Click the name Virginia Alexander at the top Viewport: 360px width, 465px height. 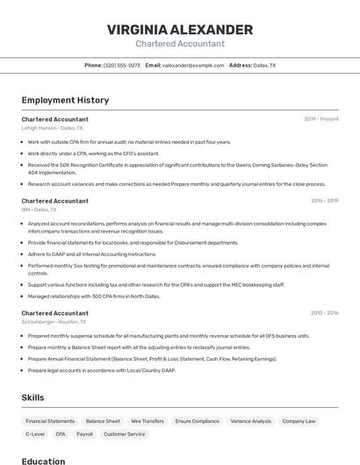coord(180,29)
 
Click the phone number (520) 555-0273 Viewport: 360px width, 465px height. coord(121,65)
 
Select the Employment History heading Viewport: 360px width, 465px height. coord(65,101)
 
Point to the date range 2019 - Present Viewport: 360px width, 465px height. coord(320,119)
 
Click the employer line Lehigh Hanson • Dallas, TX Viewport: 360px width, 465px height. coord(53,128)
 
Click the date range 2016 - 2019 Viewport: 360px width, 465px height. coord(324,201)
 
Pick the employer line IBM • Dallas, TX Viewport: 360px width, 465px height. coord(39,210)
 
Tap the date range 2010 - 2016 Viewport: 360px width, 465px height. coord(324,313)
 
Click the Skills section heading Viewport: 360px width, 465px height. coord(32,397)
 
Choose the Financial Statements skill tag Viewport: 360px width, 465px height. coord(50,421)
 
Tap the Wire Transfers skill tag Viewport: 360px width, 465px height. coord(148,421)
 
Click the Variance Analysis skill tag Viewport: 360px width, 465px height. coord(250,421)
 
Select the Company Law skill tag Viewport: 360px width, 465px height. coord(299,421)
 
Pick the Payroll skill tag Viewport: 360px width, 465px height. coord(84,434)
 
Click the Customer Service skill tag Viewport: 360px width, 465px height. coord(124,434)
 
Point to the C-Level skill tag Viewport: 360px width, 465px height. coord(35,434)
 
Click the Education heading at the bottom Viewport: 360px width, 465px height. coord(43,461)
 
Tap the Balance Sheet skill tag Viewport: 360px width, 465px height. coord(103,421)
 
